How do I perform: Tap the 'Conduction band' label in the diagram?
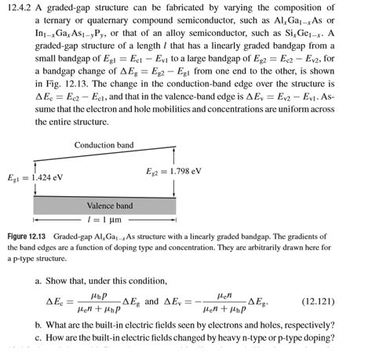[x=104, y=145]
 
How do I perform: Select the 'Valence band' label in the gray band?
[x=109, y=205]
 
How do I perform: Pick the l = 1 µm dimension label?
[x=109, y=220]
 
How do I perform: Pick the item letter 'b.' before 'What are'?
[x=39, y=325]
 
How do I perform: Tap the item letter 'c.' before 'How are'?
[x=39, y=338]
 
